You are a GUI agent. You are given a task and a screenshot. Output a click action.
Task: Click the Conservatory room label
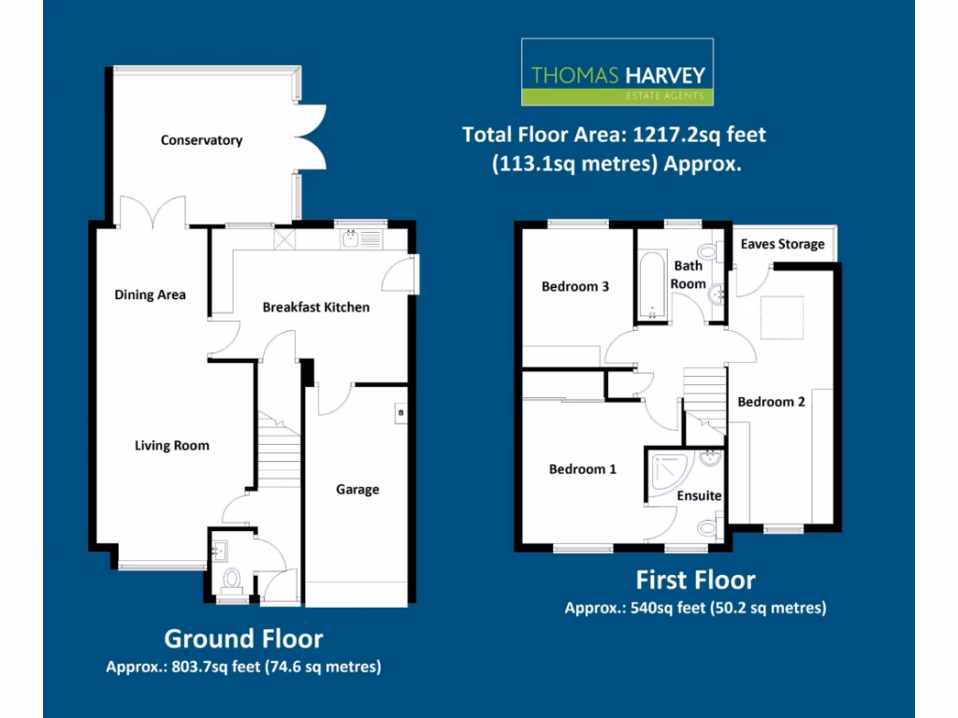pos(201,140)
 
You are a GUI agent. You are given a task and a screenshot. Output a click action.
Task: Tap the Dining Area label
pos(150,294)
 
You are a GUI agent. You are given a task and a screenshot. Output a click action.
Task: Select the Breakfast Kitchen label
pos(315,307)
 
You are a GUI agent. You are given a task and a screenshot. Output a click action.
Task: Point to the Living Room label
pos(172,445)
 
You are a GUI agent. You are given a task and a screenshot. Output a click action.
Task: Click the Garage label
pos(357,489)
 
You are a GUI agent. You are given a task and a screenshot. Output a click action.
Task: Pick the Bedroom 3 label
pos(575,286)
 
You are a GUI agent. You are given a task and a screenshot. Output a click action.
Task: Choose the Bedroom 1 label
pos(583,468)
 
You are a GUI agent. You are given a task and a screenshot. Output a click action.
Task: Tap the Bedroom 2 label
pos(771,401)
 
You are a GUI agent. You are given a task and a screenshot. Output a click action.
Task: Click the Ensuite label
pos(699,495)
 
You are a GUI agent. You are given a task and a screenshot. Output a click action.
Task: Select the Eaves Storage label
pos(782,244)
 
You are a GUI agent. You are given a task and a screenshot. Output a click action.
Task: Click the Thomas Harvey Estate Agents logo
pos(617,72)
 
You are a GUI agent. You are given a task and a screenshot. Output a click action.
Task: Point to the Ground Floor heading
pos(243,639)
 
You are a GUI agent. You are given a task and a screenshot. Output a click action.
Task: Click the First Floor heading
pos(695,580)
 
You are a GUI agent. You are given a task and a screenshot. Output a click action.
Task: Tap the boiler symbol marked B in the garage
pos(400,412)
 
